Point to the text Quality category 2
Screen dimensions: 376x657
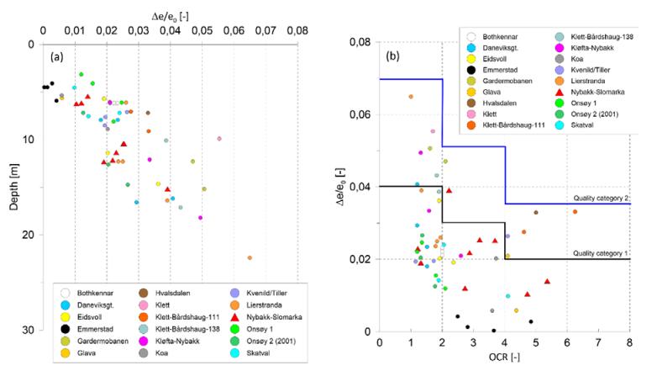point(602,199)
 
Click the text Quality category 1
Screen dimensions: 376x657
point(602,252)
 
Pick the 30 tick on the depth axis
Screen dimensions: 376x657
point(34,330)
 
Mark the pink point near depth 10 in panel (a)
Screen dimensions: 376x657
point(219,139)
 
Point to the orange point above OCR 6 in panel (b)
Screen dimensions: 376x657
point(575,211)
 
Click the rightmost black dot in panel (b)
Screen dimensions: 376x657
point(530,321)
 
